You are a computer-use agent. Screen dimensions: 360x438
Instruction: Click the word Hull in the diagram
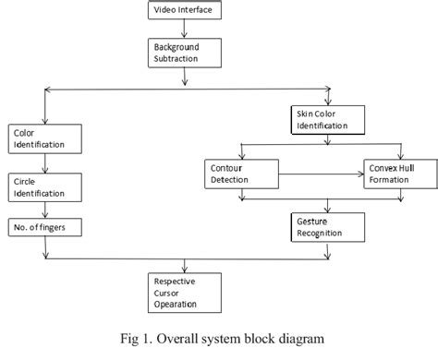point(410,167)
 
